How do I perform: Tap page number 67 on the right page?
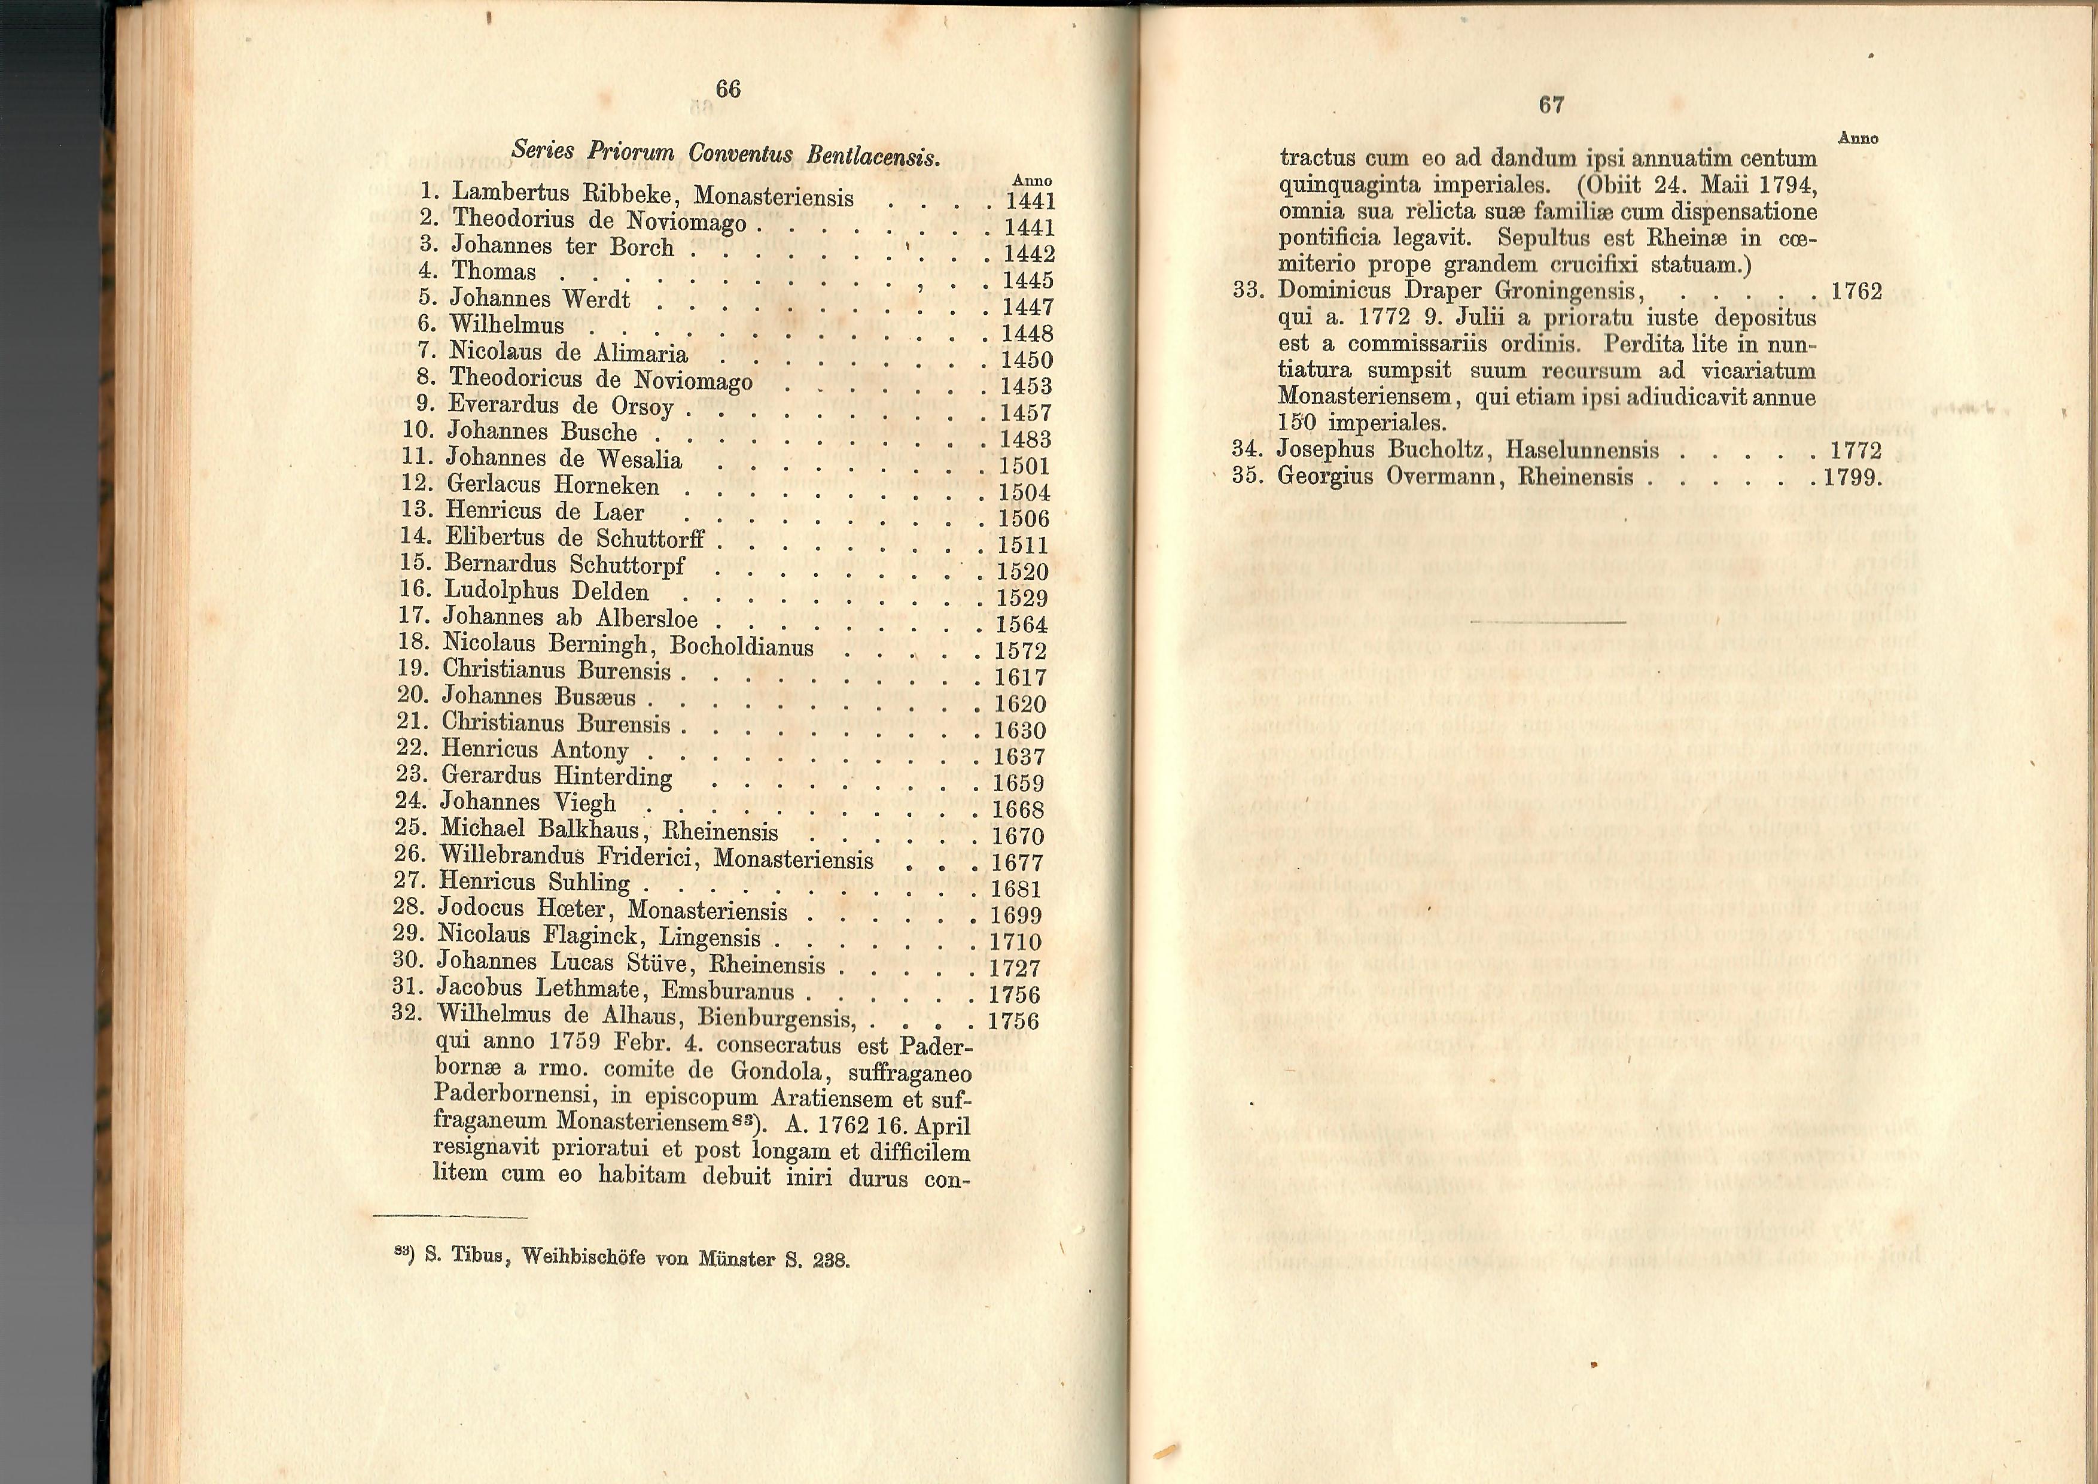[1551, 105]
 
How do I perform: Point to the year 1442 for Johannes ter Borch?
[1029, 254]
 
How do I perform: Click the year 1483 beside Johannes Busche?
[1025, 440]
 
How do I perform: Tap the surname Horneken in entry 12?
[606, 485]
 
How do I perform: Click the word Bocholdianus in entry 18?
[741, 647]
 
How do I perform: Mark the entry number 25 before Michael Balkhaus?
[411, 828]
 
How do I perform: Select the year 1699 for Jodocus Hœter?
[1016, 916]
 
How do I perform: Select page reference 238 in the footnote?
[830, 1261]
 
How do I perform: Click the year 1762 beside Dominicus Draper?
[1857, 291]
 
